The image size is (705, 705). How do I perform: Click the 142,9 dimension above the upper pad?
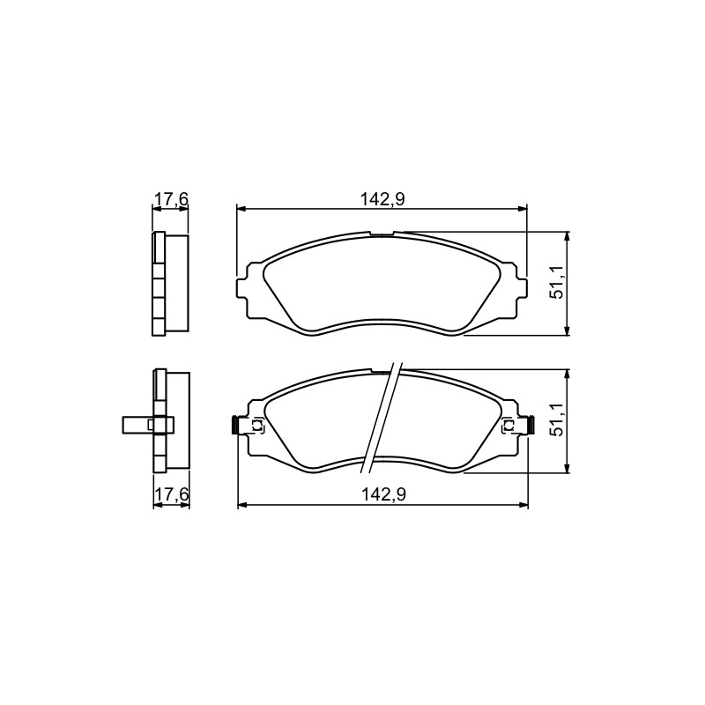click(x=382, y=199)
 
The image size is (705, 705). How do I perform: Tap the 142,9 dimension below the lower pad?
click(x=384, y=494)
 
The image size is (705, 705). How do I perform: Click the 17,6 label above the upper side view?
click(x=171, y=199)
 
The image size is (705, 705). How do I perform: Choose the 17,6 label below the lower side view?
click(x=171, y=494)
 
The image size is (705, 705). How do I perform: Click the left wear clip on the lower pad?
click(x=247, y=426)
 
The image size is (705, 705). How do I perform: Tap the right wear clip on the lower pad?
click(x=518, y=426)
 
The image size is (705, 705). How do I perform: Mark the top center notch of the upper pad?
click(x=382, y=234)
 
